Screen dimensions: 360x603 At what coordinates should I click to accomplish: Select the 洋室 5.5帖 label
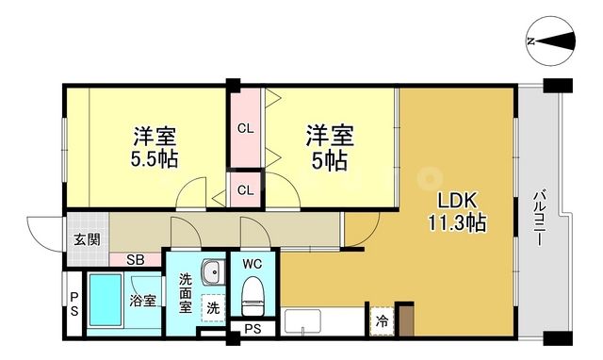(155, 145)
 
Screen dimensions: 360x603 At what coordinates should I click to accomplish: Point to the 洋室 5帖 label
(329, 145)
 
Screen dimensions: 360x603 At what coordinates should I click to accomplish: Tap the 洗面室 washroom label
(186, 292)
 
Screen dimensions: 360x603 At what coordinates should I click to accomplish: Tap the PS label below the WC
(253, 329)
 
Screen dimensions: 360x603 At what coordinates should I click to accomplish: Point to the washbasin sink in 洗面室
(214, 272)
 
